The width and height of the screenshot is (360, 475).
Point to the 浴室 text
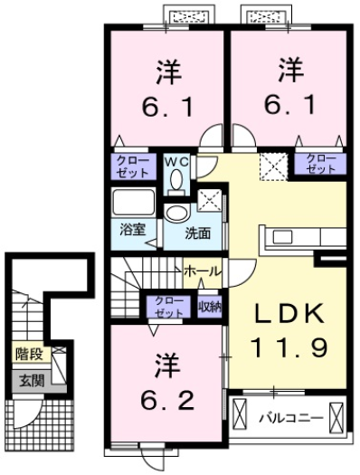[133, 230]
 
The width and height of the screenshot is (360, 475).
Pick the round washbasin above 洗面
[175, 214]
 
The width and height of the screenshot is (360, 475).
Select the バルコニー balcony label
[288, 418]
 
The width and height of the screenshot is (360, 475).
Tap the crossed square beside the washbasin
[209, 200]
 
